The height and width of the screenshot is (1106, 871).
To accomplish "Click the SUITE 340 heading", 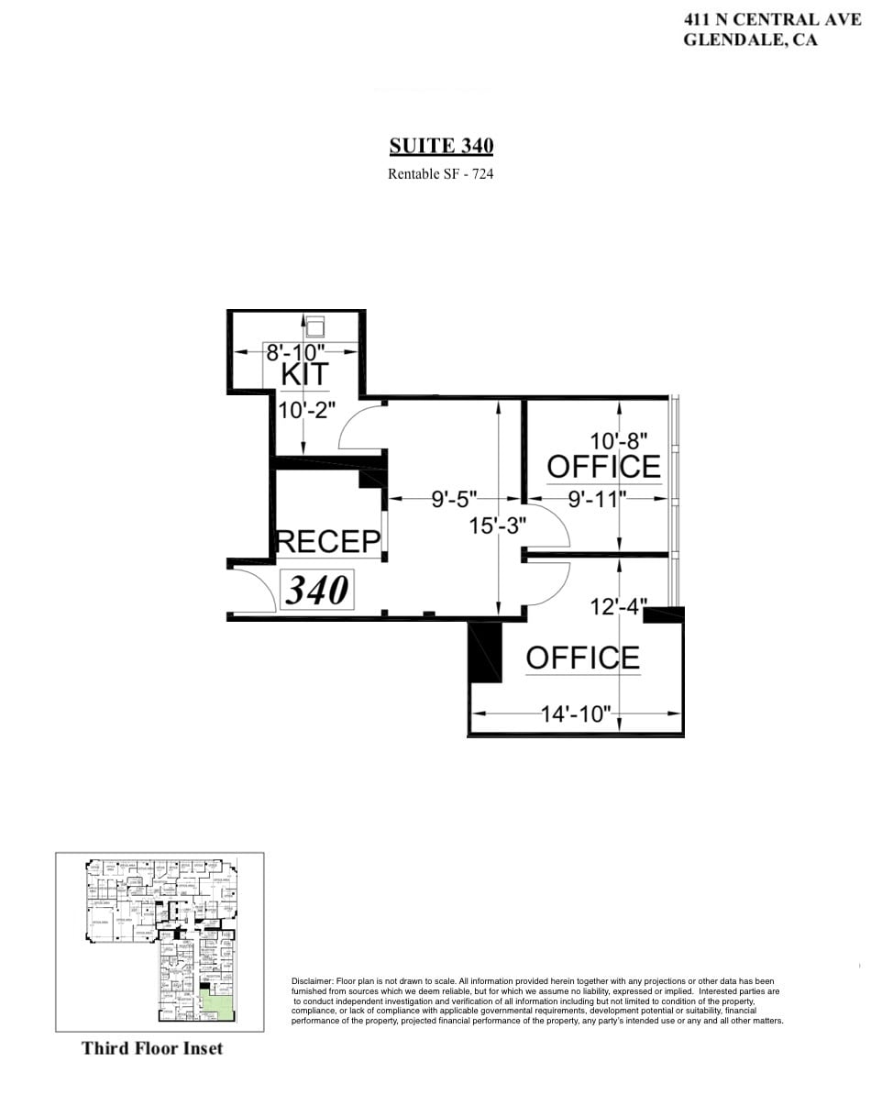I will coord(441,146).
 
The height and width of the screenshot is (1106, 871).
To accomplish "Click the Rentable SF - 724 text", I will coord(441,173).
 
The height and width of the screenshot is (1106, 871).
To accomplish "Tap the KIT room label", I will coord(304,375).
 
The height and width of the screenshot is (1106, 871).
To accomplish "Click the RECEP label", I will coord(328,541).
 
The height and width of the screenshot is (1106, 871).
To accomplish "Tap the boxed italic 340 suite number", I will coord(317,590).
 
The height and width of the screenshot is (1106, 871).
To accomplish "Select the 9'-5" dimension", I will coord(454,500).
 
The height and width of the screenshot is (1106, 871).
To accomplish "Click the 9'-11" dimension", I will coord(596,500).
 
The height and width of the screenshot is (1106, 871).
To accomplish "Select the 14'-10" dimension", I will coord(575,714).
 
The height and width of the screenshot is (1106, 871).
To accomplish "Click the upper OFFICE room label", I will coord(603,467).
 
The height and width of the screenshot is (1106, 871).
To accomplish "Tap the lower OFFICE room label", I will coord(582,658).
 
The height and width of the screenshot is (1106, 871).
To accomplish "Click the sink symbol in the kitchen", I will coord(314,327).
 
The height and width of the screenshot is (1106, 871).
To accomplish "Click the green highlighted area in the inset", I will coord(216,1005).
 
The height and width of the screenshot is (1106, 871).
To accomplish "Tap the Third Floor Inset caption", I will coord(152,1047).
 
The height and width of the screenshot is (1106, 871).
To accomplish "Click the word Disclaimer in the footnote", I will coord(314,981).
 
